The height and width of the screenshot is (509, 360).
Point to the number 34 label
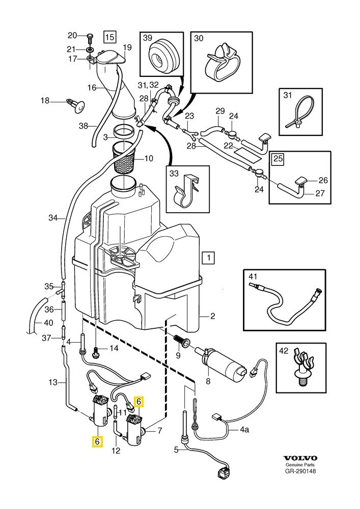coord(53,218)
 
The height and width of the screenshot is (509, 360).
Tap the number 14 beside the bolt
coord(113,348)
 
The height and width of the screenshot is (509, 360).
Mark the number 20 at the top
coord(72,35)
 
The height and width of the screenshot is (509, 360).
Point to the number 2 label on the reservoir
coord(212,316)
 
